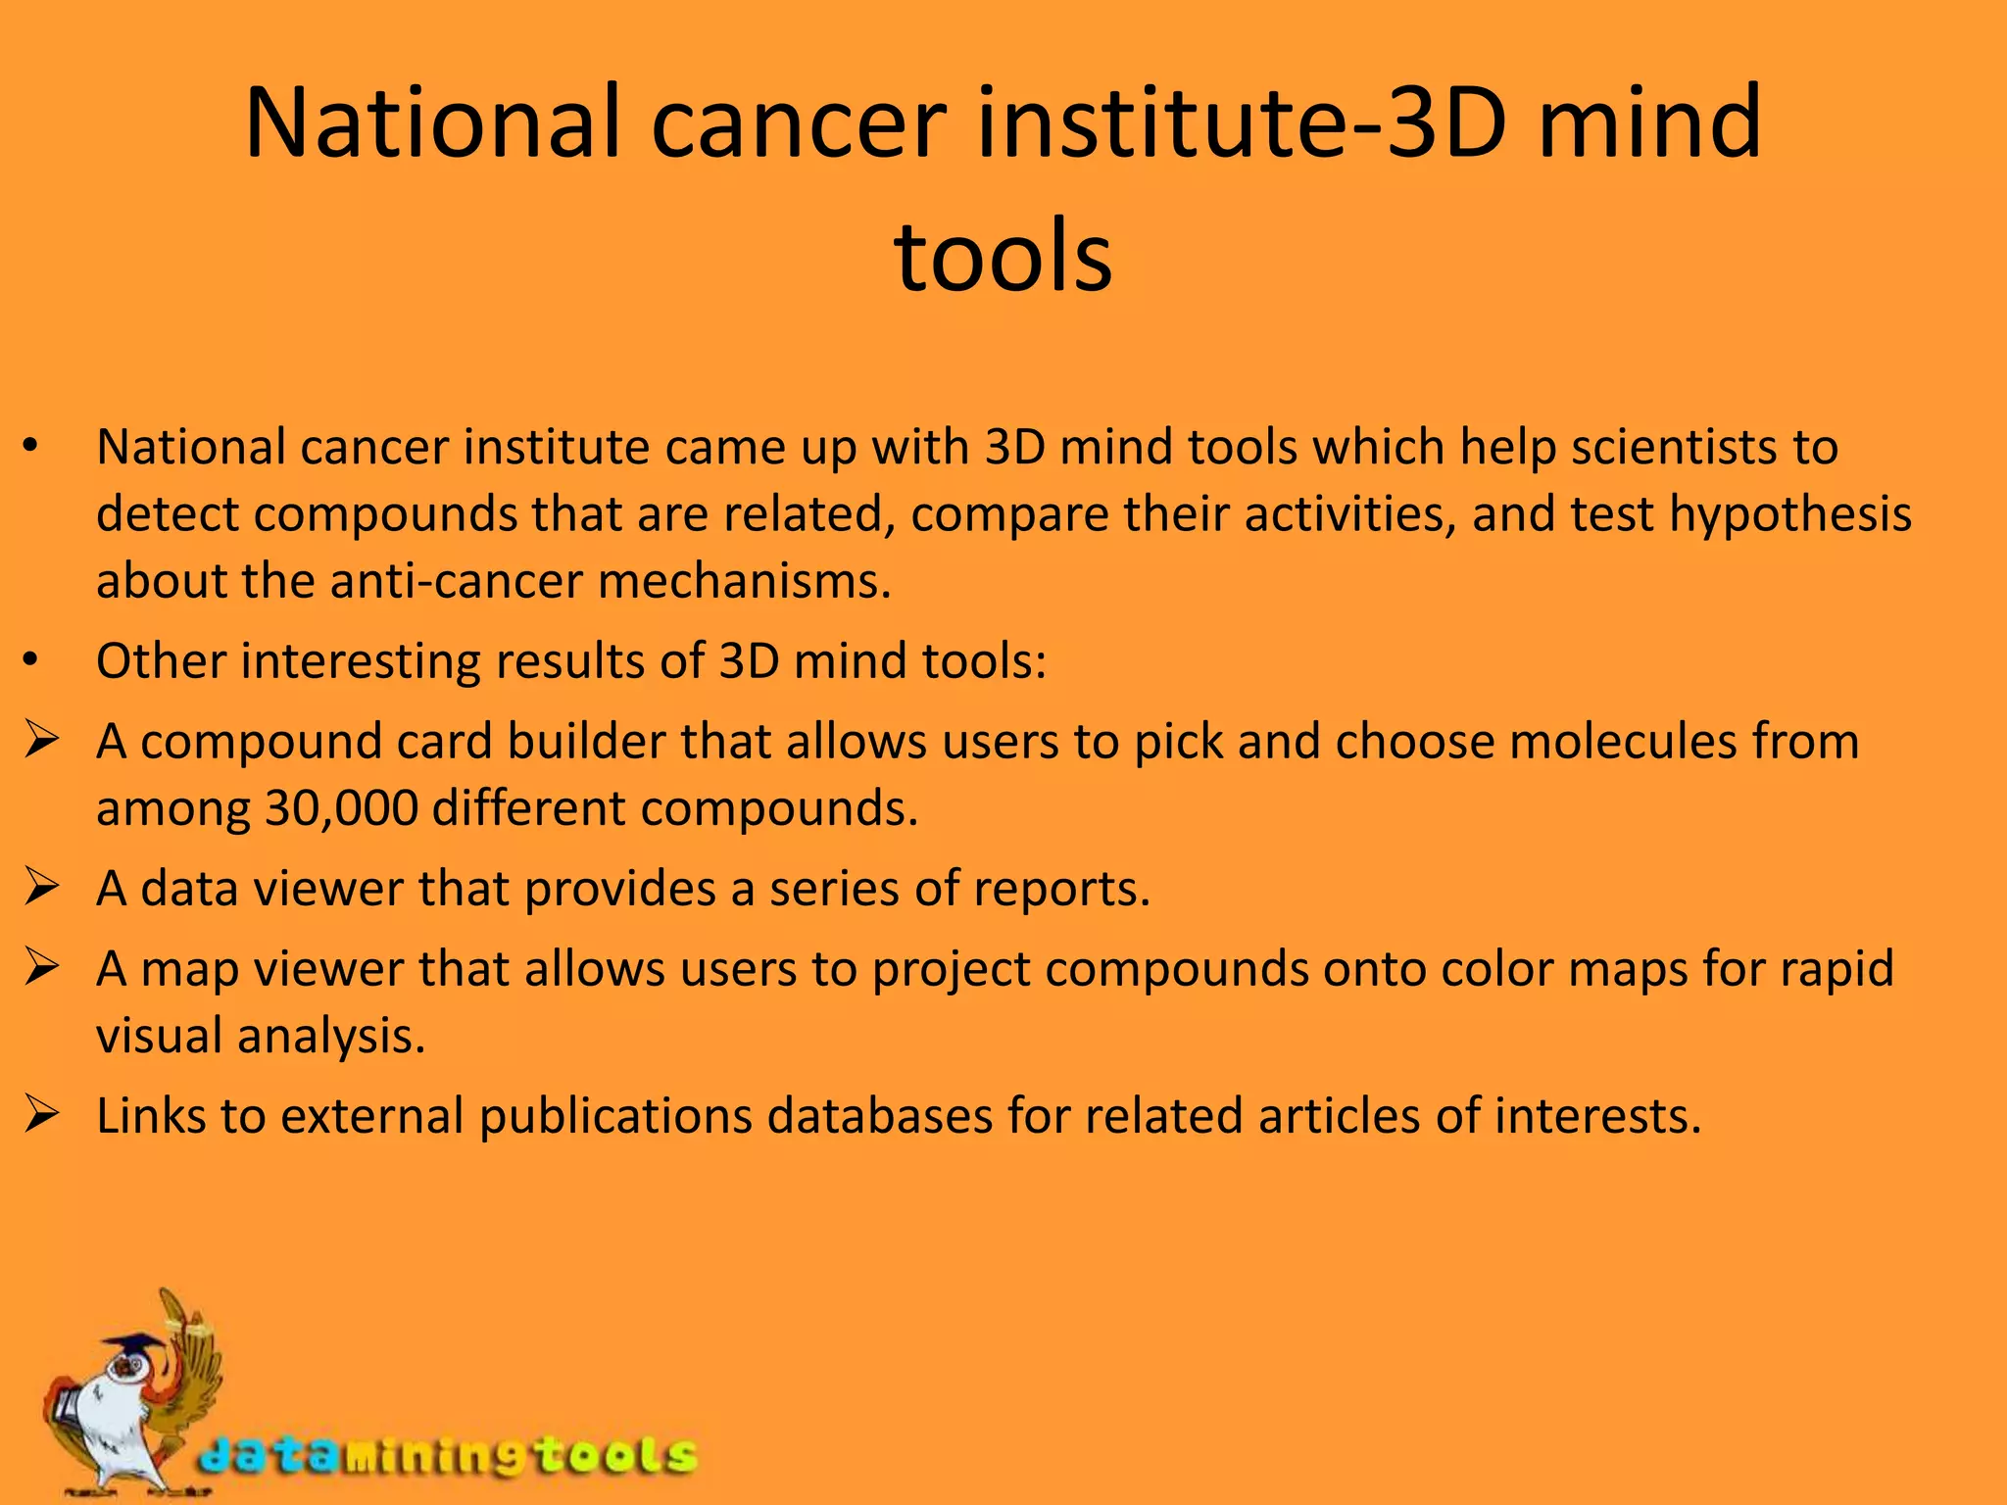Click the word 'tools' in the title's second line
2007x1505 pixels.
tap(1003, 257)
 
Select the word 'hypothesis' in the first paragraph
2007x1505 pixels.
tap(1790, 514)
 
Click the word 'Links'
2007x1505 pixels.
tap(151, 1116)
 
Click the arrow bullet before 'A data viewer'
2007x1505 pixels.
tap(44, 888)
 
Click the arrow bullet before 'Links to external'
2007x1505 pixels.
tap(44, 1115)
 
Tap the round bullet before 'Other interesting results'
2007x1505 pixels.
tap(31, 662)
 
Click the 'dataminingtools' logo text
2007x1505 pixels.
tap(446, 1455)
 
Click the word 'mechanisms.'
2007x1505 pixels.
tap(745, 581)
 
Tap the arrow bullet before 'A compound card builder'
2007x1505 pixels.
tap(44, 741)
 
